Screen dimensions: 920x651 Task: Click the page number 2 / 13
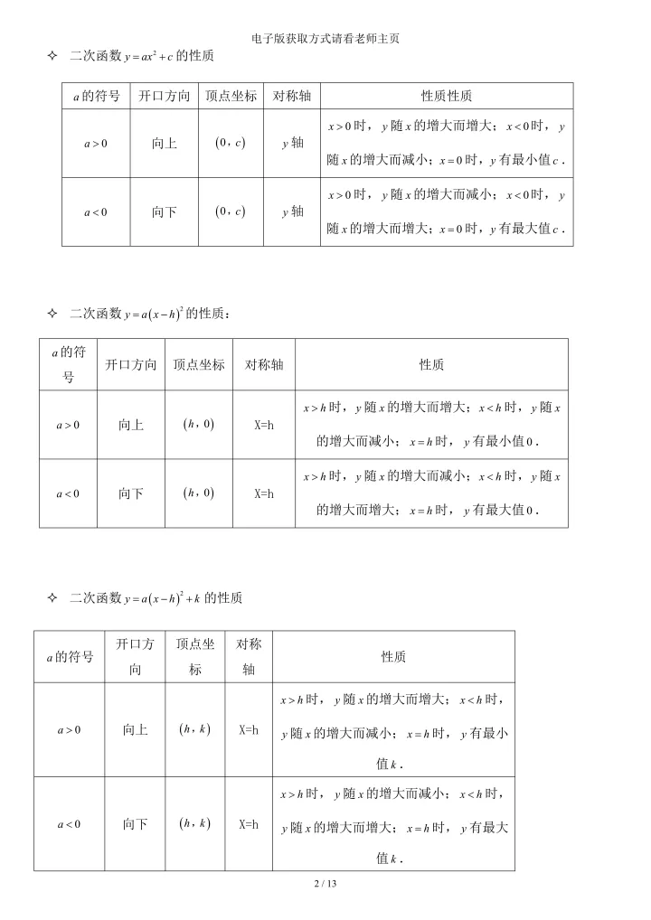pyautogui.click(x=325, y=883)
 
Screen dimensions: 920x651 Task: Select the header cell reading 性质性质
pyautogui.click(x=447, y=96)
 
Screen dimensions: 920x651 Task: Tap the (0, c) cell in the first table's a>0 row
pyautogui.click(x=230, y=143)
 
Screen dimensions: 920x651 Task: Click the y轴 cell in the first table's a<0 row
pyautogui.click(x=292, y=211)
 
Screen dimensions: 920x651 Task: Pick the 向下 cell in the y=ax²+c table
pyautogui.click(x=165, y=211)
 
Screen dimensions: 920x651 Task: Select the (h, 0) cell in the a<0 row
pyautogui.click(x=198, y=493)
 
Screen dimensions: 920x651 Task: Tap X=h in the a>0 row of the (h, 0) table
pyautogui.click(x=264, y=425)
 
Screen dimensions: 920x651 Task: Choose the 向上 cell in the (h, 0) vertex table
pyautogui.click(x=131, y=425)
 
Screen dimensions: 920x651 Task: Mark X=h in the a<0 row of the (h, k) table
pyautogui.click(x=249, y=823)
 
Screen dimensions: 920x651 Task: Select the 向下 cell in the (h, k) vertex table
pyautogui.click(x=136, y=823)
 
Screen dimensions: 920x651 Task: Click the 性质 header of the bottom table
pyautogui.click(x=393, y=657)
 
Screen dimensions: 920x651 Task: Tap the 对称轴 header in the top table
pyautogui.click(x=292, y=96)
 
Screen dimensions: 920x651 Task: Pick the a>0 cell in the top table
pyautogui.click(x=96, y=143)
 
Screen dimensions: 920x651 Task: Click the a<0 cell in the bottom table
pyautogui.click(x=70, y=823)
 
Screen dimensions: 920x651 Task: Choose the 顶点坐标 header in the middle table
pyautogui.click(x=199, y=365)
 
